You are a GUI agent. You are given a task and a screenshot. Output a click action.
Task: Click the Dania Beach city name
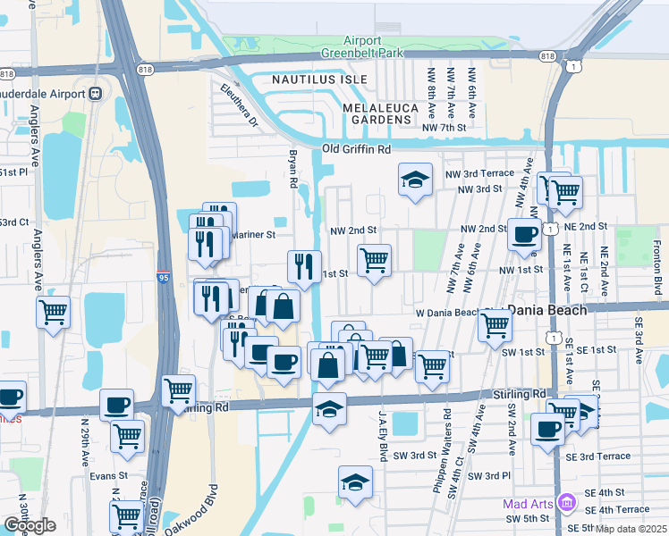pos(547,309)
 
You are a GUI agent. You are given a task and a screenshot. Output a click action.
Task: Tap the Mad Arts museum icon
pos(565,503)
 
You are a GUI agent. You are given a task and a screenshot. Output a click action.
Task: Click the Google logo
pos(30,525)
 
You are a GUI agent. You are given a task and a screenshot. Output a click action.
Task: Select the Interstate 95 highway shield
pos(163,278)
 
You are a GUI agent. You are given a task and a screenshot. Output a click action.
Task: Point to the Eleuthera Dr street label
pos(239,104)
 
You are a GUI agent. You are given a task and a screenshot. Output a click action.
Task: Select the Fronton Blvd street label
pos(657,269)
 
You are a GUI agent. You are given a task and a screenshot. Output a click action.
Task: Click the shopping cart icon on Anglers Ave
pos(53,313)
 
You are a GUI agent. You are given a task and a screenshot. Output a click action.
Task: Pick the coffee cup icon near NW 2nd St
pos(524,235)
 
